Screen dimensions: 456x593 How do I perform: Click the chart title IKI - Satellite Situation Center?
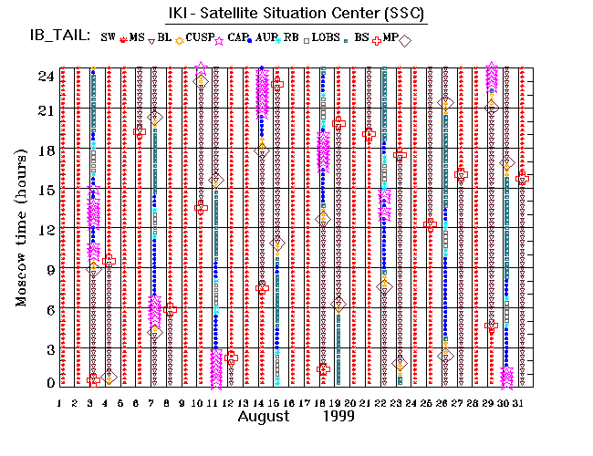(x=296, y=14)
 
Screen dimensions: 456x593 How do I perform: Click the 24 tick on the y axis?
(x=45, y=76)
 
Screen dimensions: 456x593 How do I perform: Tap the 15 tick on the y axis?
(x=45, y=191)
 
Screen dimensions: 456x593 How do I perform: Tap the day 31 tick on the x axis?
(x=519, y=402)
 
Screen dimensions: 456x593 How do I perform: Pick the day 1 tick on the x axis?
(x=60, y=402)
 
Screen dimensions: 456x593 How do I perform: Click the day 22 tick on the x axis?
(x=381, y=402)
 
